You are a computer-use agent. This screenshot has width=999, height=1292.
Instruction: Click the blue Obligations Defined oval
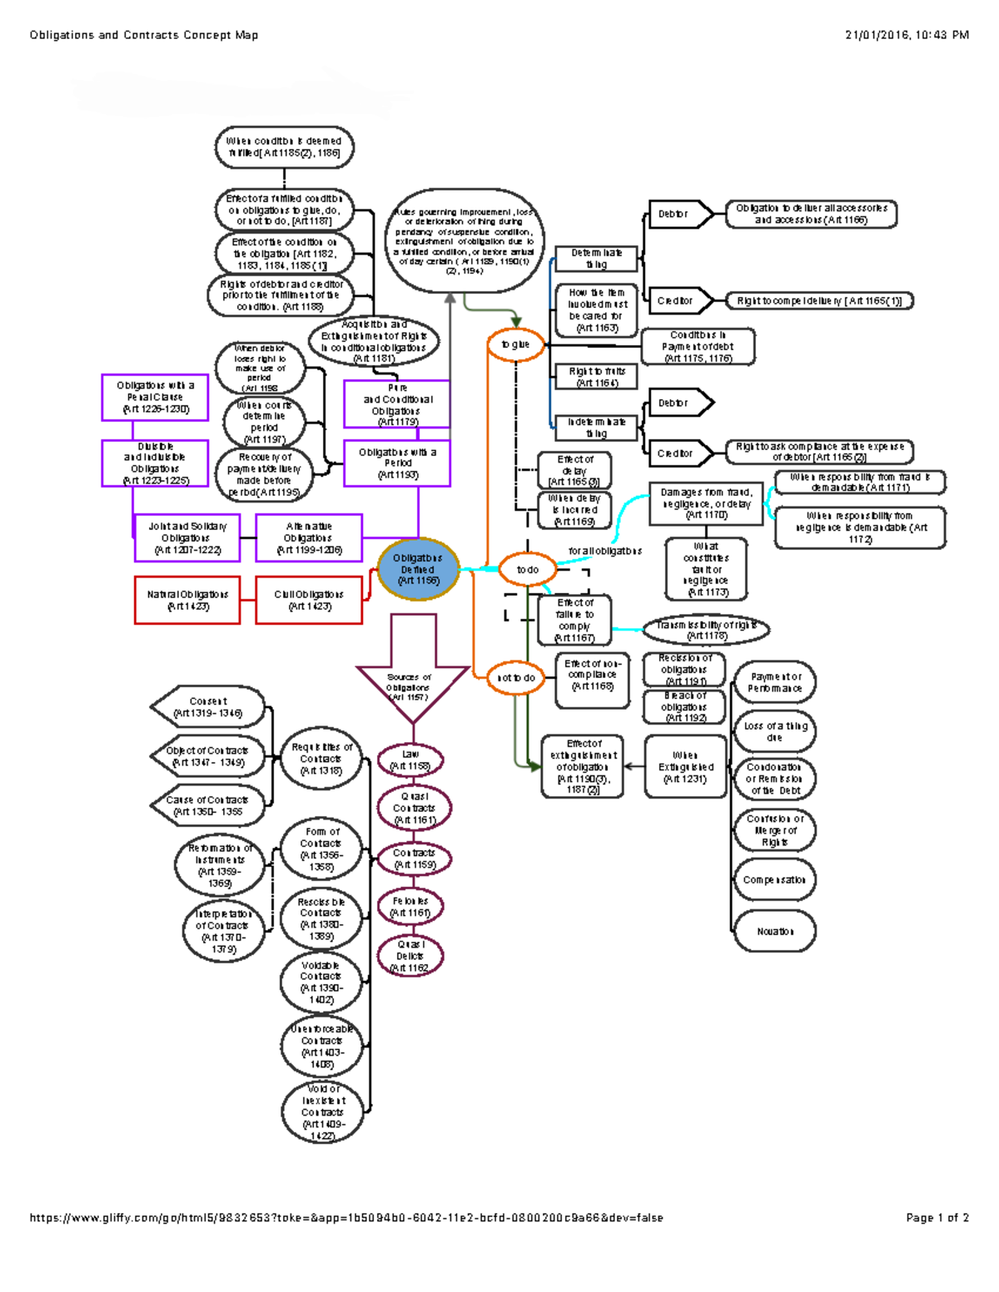point(417,569)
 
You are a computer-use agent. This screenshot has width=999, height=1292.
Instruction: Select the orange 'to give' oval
point(515,344)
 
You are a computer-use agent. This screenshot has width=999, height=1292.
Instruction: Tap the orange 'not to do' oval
point(516,678)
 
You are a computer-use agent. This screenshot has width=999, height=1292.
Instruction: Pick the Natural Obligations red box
point(187,600)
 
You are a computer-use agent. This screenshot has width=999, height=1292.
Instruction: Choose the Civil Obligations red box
point(309,600)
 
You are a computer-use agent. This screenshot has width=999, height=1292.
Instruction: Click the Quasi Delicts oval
point(410,956)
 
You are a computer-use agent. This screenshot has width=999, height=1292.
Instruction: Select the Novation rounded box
point(774,932)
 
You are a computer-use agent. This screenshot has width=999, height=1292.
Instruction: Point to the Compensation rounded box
point(774,879)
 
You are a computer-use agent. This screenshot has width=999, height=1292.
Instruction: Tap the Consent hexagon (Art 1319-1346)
point(208,707)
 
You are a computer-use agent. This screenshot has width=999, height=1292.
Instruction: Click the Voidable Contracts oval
point(321,983)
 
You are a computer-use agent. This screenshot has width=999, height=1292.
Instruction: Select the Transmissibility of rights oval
point(706,630)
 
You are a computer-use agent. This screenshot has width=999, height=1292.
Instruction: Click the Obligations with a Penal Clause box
point(156,397)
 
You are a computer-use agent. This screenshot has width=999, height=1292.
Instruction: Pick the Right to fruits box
point(596,377)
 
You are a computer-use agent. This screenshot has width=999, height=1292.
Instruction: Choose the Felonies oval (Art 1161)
point(410,907)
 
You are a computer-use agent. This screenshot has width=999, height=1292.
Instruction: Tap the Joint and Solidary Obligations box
point(186,537)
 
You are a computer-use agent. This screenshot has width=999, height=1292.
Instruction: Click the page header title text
point(144,35)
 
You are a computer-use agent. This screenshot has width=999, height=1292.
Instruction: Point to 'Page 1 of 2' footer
point(937,1217)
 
